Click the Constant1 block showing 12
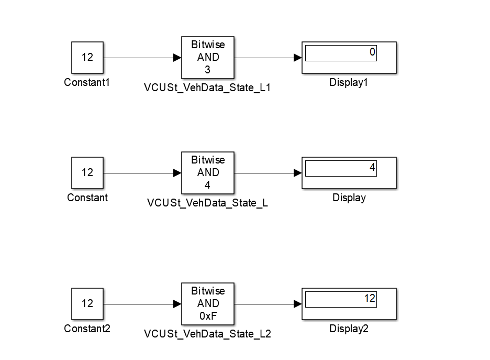pyautogui.click(x=87, y=57)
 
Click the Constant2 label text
pyautogui.click(x=87, y=329)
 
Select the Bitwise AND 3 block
pyautogui.click(x=208, y=57)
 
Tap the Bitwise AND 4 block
pyautogui.click(x=208, y=172)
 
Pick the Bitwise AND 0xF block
pyautogui.click(x=208, y=303)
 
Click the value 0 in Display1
pyautogui.click(x=372, y=52)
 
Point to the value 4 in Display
pyautogui.click(x=372, y=168)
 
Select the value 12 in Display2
pyautogui.click(x=370, y=299)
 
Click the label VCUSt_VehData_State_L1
pyautogui.click(x=207, y=88)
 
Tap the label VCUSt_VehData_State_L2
pyautogui.click(x=207, y=334)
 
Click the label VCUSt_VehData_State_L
pyautogui.click(x=207, y=203)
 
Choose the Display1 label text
pyautogui.click(x=349, y=82)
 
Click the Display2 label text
pyautogui.click(x=349, y=329)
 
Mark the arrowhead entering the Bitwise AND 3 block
pyautogui.click(x=177, y=58)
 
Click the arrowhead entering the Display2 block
pyautogui.click(x=298, y=304)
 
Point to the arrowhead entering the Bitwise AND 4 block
pyautogui.click(x=177, y=173)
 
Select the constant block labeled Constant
pyautogui.click(x=87, y=172)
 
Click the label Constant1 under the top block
pyautogui.click(x=87, y=82)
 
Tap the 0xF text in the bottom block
pyautogui.click(x=208, y=316)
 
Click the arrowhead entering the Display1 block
pyautogui.click(x=298, y=58)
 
